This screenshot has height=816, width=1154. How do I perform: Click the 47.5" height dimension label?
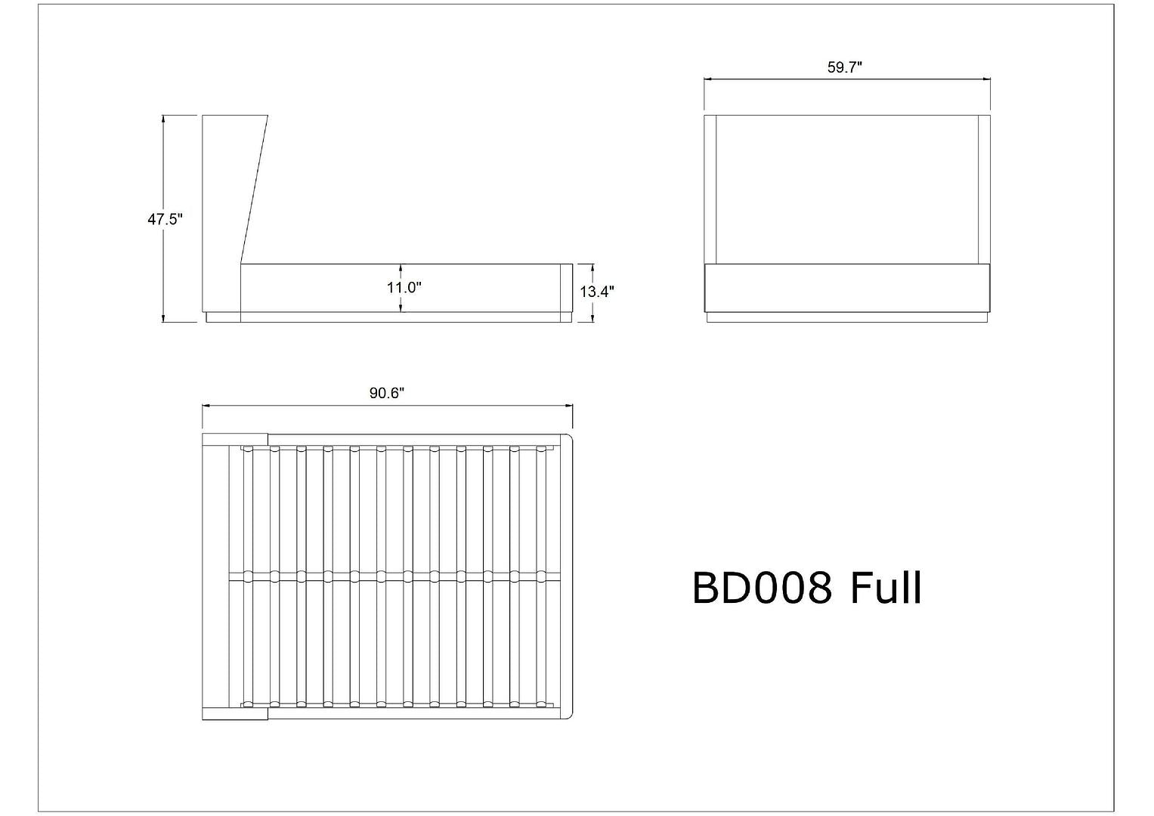pos(165,219)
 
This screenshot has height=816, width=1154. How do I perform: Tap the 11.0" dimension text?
pos(404,287)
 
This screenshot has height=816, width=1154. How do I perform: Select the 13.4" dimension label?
pos(597,292)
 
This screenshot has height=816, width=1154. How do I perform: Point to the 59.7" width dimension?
pos(845,67)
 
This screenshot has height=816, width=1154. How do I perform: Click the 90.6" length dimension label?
pos(387,394)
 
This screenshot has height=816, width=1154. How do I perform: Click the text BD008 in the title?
pos(762,589)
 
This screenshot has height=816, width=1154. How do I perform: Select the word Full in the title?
pos(886,587)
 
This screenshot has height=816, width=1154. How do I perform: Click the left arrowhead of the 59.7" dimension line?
pos(708,79)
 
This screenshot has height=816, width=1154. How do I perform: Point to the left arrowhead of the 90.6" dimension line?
pos(206,406)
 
